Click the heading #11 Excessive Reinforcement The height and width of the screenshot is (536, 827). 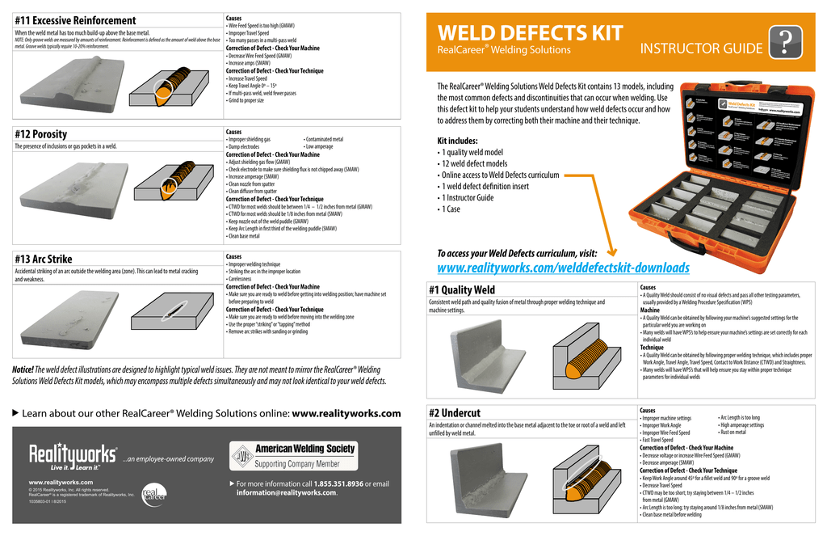point(75,20)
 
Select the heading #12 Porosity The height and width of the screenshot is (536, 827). point(41,134)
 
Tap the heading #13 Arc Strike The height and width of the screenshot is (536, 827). point(44,259)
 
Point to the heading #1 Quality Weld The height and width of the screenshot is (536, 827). point(462,289)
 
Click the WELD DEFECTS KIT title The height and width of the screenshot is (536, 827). point(530,32)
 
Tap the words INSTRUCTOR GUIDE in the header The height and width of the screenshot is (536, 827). point(701,49)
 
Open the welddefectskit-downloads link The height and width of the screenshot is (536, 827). point(563,268)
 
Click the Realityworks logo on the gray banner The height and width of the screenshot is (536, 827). point(73,457)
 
